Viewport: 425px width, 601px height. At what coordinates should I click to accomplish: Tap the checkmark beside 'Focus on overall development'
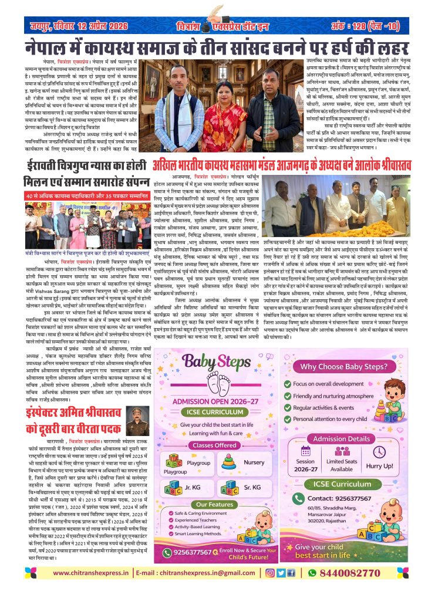pos(304,368)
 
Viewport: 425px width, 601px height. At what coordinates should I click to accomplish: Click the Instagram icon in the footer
pos(271,573)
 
